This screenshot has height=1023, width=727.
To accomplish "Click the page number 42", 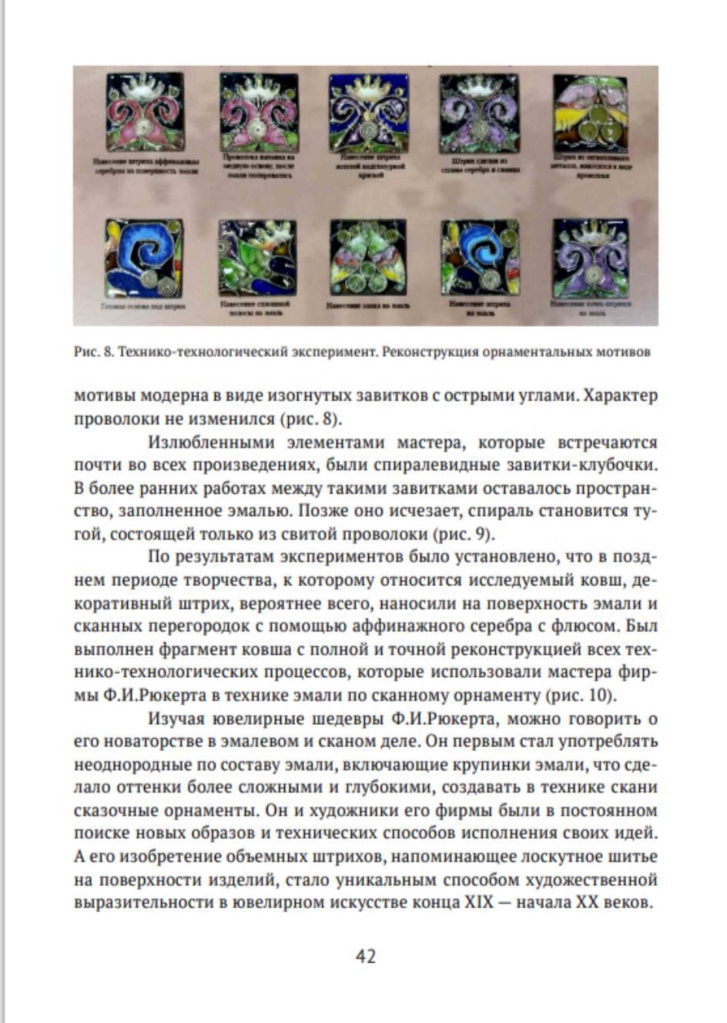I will (365, 955).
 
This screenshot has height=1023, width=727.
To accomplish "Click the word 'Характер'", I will (621, 397).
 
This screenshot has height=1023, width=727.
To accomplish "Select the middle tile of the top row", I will (367, 112).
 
